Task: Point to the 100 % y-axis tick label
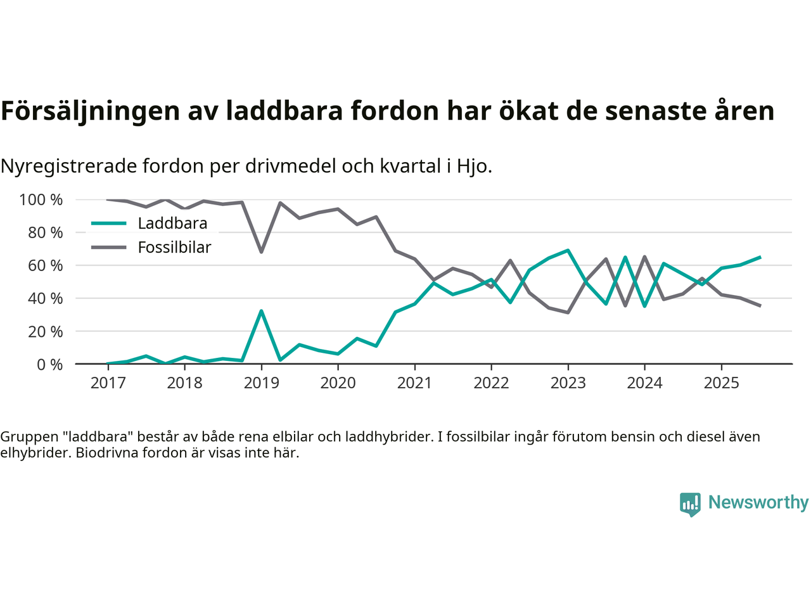coord(41,200)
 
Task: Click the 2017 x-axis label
coord(108,383)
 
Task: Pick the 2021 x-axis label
coord(414,383)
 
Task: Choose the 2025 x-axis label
coord(721,383)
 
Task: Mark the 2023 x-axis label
coord(568,383)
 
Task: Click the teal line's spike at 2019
coord(261,311)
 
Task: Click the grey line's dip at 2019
coord(261,252)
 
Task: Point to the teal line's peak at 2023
coord(568,250)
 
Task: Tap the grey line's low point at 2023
coord(568,312)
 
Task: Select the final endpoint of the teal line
coord(760,257)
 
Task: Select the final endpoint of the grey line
coord(760,306)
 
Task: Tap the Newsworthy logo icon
coord(690,504)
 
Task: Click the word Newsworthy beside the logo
coord(758,503)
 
